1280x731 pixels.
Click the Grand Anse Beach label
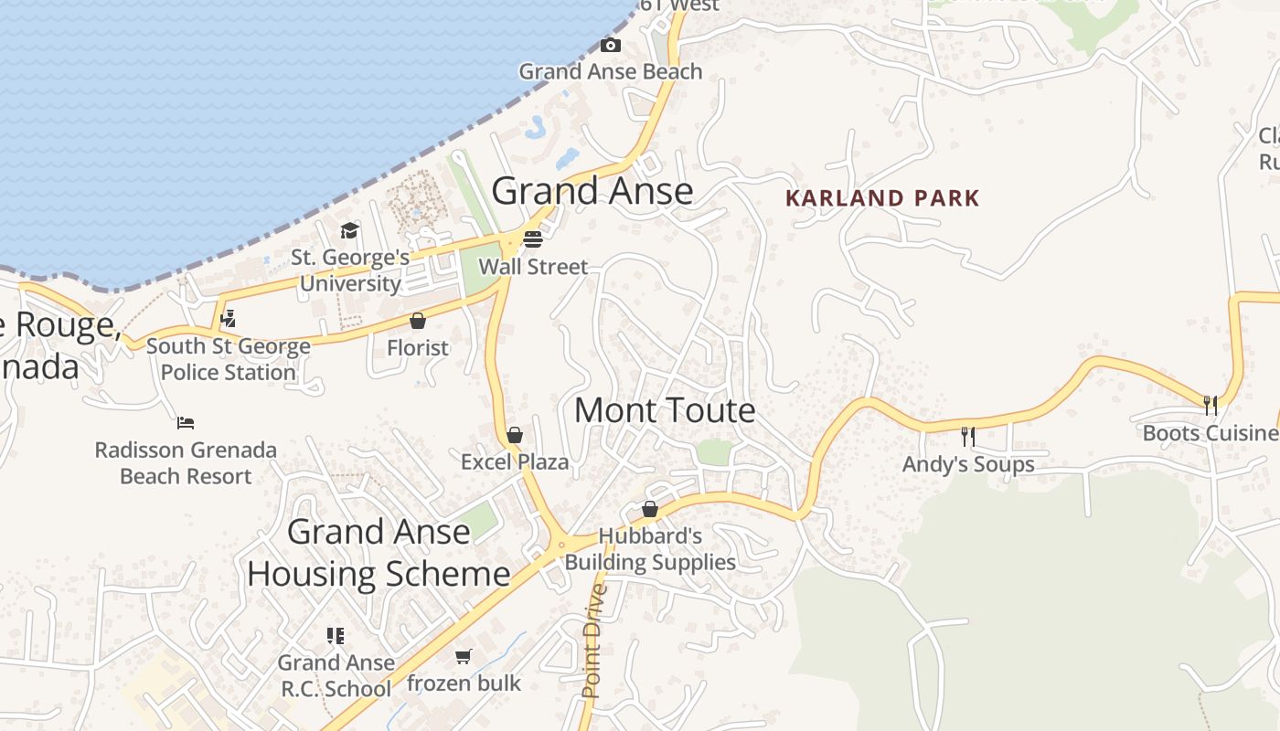click(x=611, y=71)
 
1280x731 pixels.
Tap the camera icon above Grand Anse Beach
click(x=611, y=45)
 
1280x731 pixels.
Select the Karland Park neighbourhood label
click(x=882, y=198)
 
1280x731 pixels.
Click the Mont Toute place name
click(x=665, y=410)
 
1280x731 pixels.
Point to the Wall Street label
click(x=533, y=267)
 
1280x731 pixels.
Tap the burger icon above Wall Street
click(x=533, y=239)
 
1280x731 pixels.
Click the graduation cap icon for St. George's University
click(x=349, y=230)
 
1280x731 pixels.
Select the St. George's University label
click(x=350, y=270)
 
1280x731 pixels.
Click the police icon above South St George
click(x=229, y=319)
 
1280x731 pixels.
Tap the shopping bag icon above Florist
click(x=418, y=321)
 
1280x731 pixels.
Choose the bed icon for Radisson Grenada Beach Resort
click(x=186, y=423)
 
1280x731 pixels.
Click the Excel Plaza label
click(x=515, y=462)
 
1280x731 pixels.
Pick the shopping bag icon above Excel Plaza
click(x=515, y=435)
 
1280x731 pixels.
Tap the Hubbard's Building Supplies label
click(x=650, y=549)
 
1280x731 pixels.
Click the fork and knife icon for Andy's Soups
click(x=968, y=437)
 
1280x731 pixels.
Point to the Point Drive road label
click(x=594, y=641)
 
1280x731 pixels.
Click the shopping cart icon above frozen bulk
click(x=464, y=656)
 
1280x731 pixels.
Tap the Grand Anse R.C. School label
click(x=336, y=675)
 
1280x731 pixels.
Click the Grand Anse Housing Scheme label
click(x=379, y=553)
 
